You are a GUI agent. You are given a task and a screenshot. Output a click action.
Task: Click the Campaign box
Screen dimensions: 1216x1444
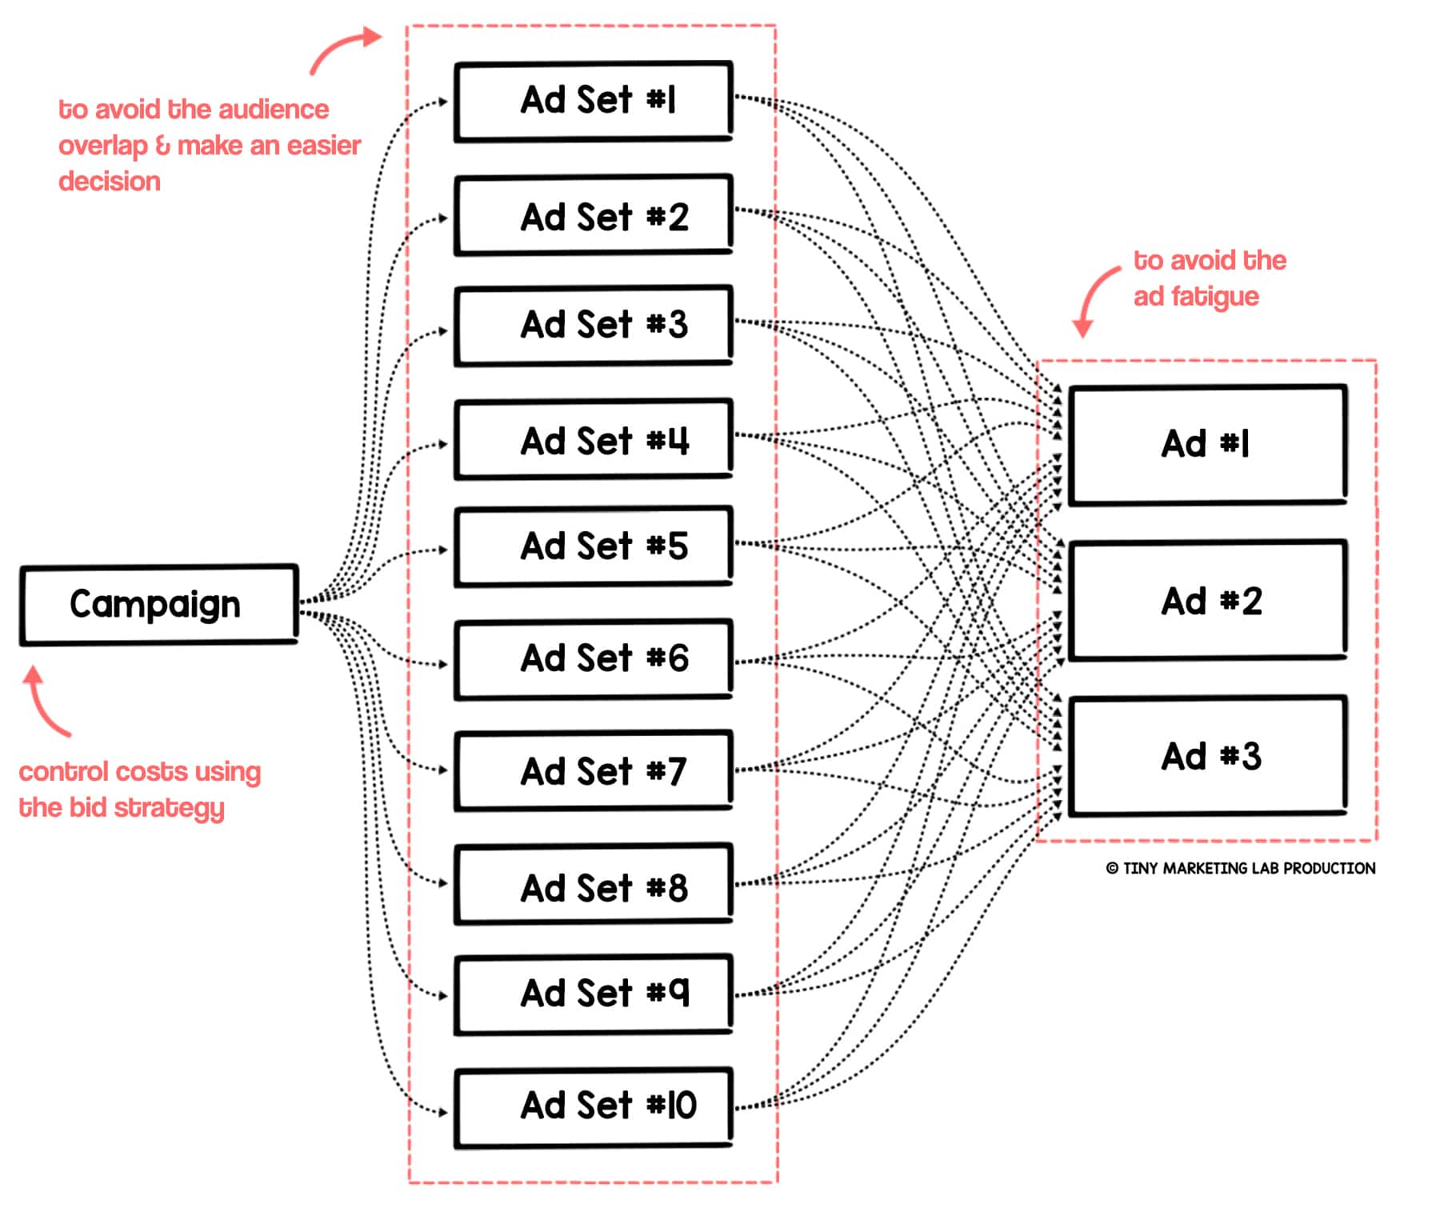[x=158, y=605]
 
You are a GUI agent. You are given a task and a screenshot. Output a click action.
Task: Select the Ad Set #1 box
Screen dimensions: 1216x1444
[x=593, y=102]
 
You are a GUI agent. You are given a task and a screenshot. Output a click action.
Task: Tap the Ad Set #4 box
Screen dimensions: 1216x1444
[x=593, y=440]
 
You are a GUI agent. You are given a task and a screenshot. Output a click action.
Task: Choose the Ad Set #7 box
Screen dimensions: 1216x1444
[x=593, y=771]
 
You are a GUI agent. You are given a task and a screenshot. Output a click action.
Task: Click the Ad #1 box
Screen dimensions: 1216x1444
[x=1207, y=445]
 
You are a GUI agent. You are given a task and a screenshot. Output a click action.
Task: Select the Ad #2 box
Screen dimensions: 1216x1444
[x=1207, y=601]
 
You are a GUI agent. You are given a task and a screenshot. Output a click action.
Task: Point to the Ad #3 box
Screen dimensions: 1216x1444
[x=1207, y=756]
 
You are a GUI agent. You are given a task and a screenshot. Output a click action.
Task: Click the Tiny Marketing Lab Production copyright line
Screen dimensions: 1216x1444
[x=1241, y=868]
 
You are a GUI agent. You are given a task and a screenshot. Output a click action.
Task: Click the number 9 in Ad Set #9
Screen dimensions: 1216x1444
[x=678, y=992]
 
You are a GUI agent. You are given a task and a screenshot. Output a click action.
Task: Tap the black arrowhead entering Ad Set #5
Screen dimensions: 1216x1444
[x=443, y=550]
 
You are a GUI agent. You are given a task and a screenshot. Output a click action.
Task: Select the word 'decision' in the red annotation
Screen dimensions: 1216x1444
[x=110, y=182]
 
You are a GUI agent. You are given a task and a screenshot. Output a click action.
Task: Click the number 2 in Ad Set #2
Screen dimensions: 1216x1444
[x=678, y=217]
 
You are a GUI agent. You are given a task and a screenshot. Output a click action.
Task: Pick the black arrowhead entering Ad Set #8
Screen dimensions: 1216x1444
[x=443, y=883]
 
